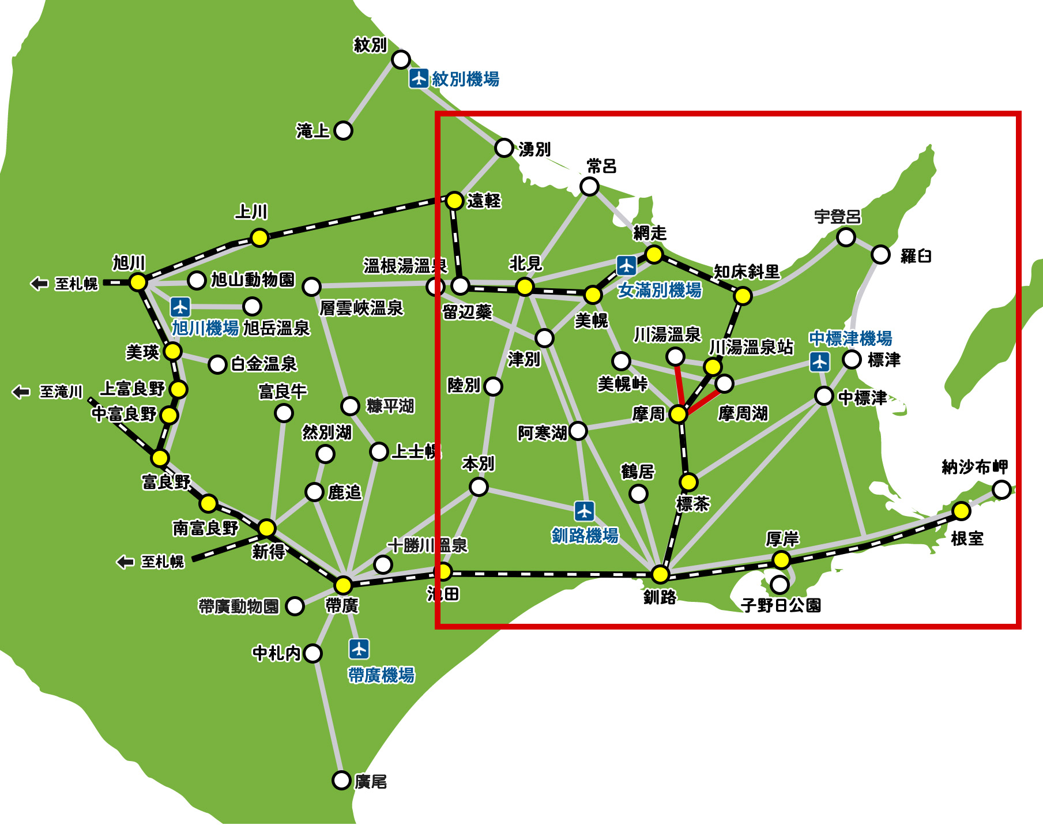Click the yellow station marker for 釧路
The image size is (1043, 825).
[x=660, y=574]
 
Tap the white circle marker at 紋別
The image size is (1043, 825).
[x=401, y=59]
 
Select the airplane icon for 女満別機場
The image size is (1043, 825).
[x=626, y=266]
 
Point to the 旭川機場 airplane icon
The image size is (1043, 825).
[x=180, y=306]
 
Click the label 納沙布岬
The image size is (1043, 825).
[x=974, y=467]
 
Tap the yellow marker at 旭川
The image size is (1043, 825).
[x=138, y=282]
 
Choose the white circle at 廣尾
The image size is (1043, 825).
[x=341, y=781]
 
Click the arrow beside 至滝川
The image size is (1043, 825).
[x=21, y=392]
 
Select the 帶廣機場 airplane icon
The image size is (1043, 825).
[x=359, y=649]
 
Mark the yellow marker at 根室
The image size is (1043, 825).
[x=961, y=511]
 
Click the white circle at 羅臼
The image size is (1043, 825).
[x=880, y=254]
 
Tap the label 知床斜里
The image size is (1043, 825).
[x=747, y=272]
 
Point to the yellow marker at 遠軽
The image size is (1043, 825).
[x=454, y=201]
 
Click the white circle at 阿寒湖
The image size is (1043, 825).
[x=578, y=430]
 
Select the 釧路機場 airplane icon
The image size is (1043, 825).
[x=585, y=511]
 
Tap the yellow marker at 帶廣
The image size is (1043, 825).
[x=343, y=585]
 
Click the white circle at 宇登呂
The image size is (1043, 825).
[x=846, y=237]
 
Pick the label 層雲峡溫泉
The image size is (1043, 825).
[x=362, y=308]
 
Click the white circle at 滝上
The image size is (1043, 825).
[x=343, y=131]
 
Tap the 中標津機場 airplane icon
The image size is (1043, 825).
[x=819, y=361]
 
